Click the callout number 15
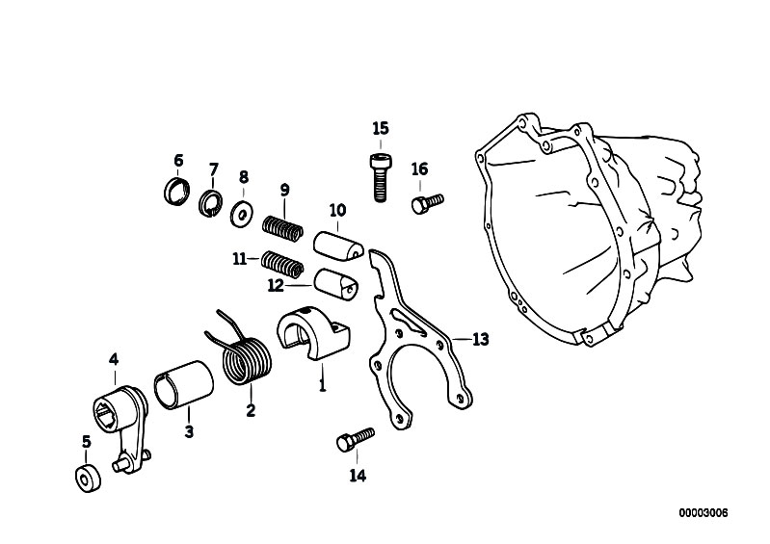380,128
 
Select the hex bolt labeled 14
353,440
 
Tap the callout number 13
480,339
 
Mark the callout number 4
114,360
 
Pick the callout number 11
240,258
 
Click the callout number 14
357,475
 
